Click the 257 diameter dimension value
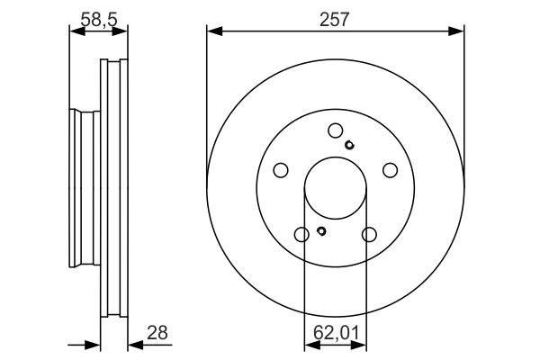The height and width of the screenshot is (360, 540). click(335, 18)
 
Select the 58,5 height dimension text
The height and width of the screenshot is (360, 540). click(99, 17)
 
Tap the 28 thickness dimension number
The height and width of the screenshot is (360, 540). click(157, 334)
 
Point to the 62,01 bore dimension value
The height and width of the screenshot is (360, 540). click(335, 334)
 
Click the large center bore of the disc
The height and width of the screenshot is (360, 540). click(335, 189)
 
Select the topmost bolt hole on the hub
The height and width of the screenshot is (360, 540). click(335, 130)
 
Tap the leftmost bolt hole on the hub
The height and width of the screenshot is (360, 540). click(280, 170)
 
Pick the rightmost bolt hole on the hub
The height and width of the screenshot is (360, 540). click(390, 170)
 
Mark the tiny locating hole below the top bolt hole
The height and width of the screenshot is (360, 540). click(350, 145)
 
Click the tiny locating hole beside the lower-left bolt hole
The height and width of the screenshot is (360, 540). click(320, 232)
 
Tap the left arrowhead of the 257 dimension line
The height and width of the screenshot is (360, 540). click(213, 31)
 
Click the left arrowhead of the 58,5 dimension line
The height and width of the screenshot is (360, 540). click(76, 31)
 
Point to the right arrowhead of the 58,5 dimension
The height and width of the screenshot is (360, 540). click(122, 31)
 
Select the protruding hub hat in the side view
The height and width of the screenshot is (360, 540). click(84, 189)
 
